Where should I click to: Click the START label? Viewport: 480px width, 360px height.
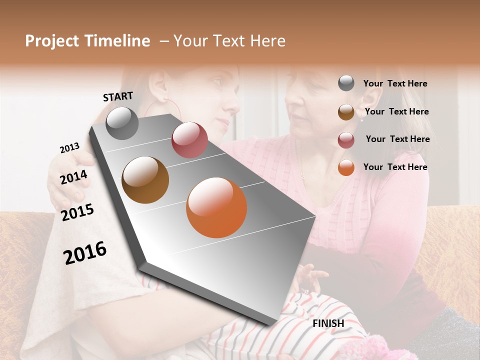pos(118,96)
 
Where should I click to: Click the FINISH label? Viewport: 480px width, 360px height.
pos(328,323)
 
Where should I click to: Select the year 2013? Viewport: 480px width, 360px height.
pos(70,148)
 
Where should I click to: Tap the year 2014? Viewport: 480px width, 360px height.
pos(74,177)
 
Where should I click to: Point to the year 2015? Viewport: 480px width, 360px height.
pos(77,212)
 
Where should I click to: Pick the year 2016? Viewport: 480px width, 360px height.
pos(85,252)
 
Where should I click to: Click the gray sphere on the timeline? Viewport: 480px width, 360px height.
pos(122,123)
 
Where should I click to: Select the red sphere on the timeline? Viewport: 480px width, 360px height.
pos(189,140)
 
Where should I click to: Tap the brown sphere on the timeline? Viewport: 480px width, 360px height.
pos(145,180)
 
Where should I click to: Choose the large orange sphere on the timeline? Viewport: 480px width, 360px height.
pos(216,207)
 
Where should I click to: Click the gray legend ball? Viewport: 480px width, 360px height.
pos(346,83)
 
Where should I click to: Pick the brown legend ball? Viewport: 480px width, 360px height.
pos(346,112)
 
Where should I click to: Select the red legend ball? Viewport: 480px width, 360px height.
pos(346,139)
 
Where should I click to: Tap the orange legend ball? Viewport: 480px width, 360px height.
pos(346,167)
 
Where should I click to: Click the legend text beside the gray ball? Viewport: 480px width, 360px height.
pos(395,83)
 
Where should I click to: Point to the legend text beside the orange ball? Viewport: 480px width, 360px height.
pos(395,167)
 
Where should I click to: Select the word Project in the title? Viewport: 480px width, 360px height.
pos(51,41)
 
